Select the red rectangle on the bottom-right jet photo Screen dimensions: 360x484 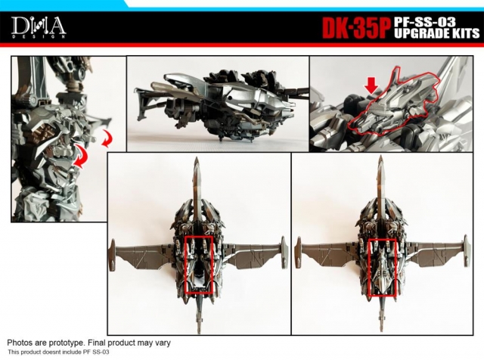[383, 264]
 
